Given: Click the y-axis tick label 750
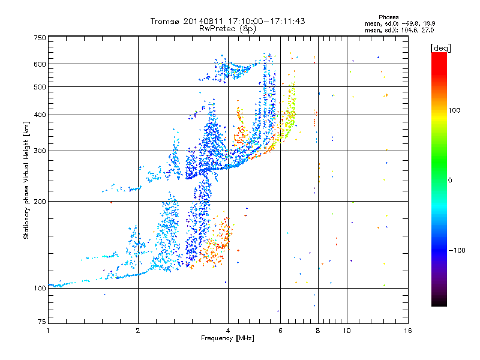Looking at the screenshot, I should click(x=40, y=38).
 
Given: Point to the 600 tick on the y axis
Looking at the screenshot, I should click(x=40, y=64).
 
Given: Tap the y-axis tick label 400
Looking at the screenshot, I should click(x=40, y=115).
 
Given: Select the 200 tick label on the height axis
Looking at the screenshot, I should click(x=40, y=202).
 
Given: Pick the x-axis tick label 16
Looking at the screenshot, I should click(x=408, y=331).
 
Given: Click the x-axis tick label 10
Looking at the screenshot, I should click(x=347, y=331).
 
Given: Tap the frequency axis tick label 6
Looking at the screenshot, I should click(x=280, y=331).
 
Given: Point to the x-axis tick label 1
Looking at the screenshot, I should click(x=48, y=331).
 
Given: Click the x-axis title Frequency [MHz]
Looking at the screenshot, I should click(x=227, y=338).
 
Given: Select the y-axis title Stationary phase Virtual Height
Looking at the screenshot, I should click(x=26, y=180).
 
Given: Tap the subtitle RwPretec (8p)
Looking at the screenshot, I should click(x=228, y=28).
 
